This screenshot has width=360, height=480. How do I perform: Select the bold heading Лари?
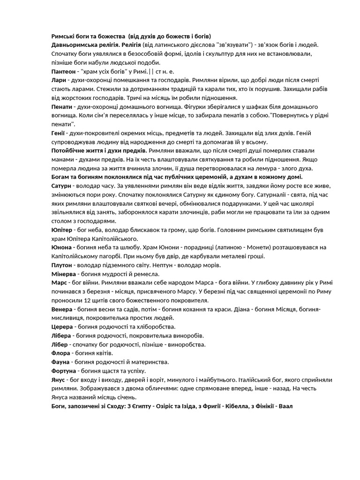pyautogui.click(x=59, y=80)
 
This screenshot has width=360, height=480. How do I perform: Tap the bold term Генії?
pyautogui.click(x=58, y=133)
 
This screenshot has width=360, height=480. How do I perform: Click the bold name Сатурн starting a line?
pyautogui.click(x=61, y=186)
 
